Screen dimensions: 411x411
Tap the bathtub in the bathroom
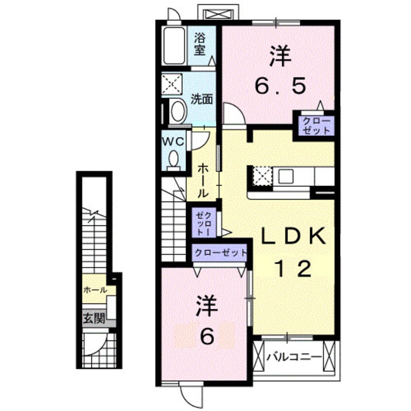(x=173, y=46)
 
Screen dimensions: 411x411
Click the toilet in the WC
(x=173, y=159)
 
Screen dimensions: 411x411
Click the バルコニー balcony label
(x=294, y=358)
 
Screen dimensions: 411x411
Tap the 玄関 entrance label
(x=93, y=319)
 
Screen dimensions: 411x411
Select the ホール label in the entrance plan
(x=95, y=290)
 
